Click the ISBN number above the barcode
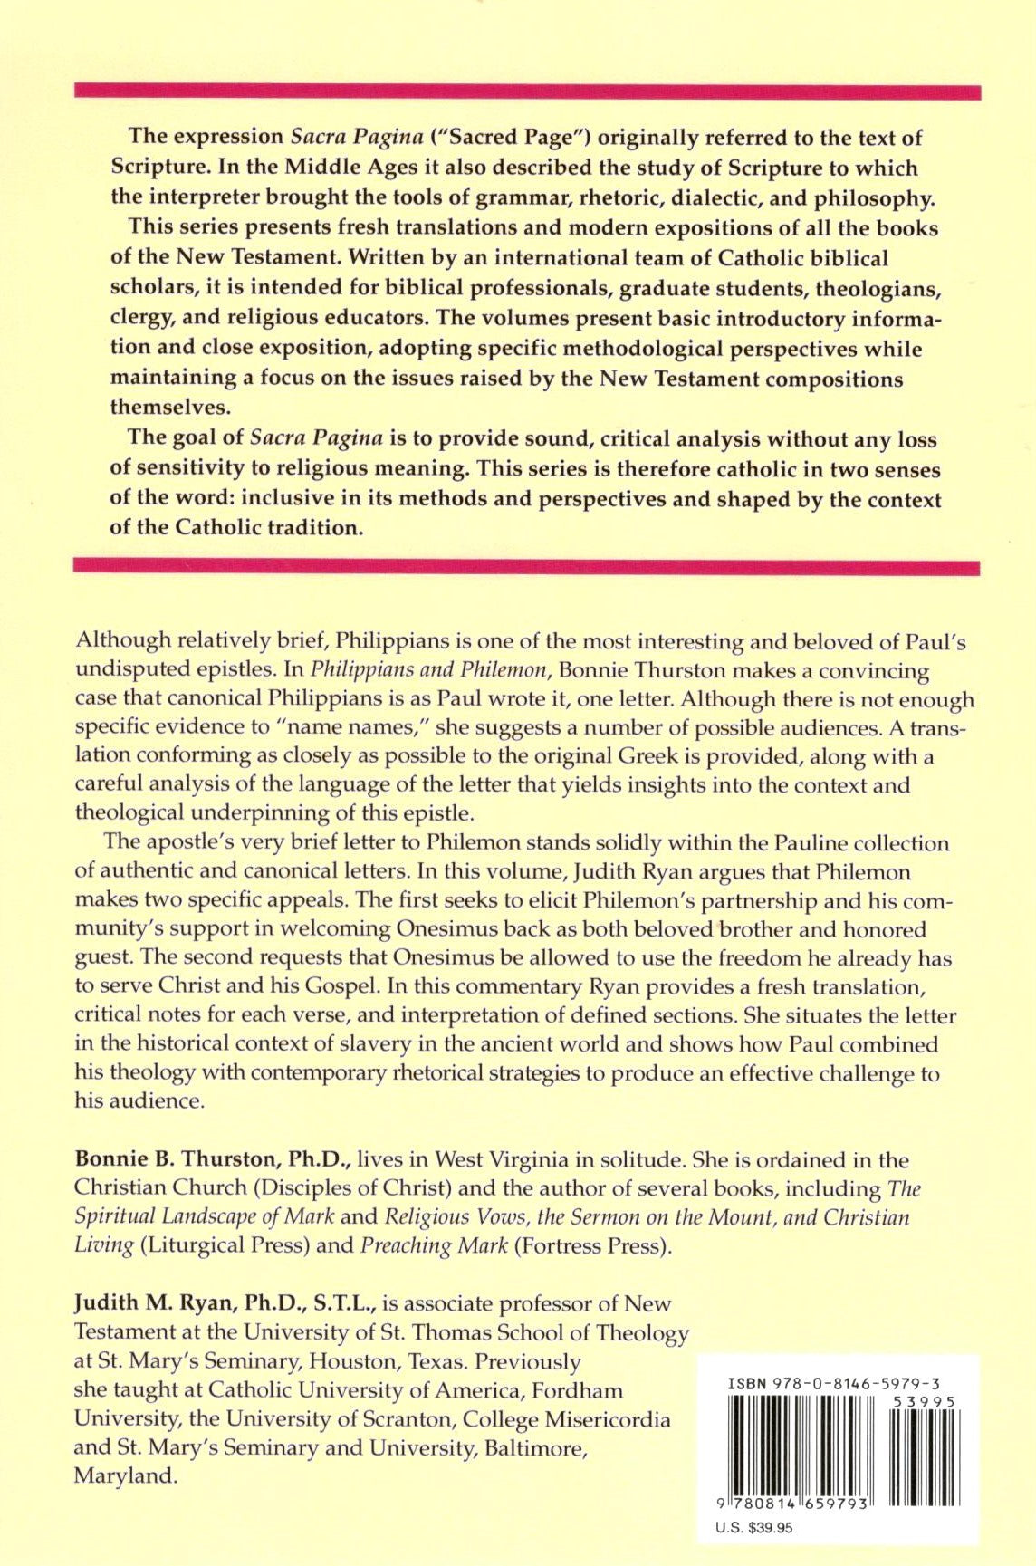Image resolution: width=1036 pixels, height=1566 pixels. pyautogui.click(x=833, y=1384)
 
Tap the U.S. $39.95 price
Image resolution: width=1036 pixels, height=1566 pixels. pyautogui.click(x=753, y=1527)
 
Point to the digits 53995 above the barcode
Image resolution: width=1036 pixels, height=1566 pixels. pyautogui.click(x=923, y=1401)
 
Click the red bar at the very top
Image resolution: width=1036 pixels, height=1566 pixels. pyautogui.click(x=527, y=91)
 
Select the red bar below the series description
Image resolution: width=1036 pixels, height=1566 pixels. pyautogui.click(x=527, y=568)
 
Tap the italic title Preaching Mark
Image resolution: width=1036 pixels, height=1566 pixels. pyautogui.click(x=434, y=1246)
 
